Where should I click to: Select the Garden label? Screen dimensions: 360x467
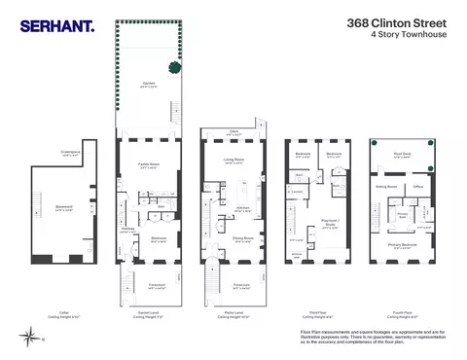point(149,82)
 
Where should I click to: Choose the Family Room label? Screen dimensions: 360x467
point(149,164)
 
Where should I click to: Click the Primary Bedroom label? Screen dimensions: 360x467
point(400,247)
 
